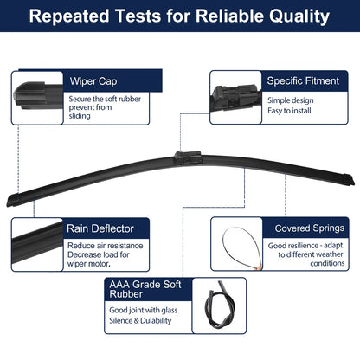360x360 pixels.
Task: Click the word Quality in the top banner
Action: click(x=299, y=16)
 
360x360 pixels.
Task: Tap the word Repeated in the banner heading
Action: click(x=69, y=16)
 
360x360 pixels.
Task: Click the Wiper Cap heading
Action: click(x=93, y=81)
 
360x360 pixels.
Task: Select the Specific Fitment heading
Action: click(x=303, y=80)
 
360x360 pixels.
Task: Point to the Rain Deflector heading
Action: click(x=100, y=228)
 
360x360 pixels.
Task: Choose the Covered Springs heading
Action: click(x=310, y=228)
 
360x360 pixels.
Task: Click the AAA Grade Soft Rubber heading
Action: click(x=145, y=289)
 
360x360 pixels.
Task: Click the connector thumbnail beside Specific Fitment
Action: click(x=235, y=98)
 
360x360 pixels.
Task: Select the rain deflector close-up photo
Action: click(x=37, y=245)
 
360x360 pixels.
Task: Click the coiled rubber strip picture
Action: click(x=219, y=305)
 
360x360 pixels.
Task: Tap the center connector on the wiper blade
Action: click(x=188, y=157)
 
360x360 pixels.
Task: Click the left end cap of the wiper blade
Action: click(x=13, y=200)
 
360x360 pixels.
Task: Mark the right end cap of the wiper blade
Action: click(x=348, y=179)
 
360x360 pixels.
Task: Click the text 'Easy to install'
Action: click(x=289, y=111)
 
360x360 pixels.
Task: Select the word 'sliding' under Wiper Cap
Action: click(x=80, y=116)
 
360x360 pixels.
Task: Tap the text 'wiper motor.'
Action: click(x=89, y=264)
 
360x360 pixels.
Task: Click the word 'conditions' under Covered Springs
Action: click(x=327, y=263)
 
